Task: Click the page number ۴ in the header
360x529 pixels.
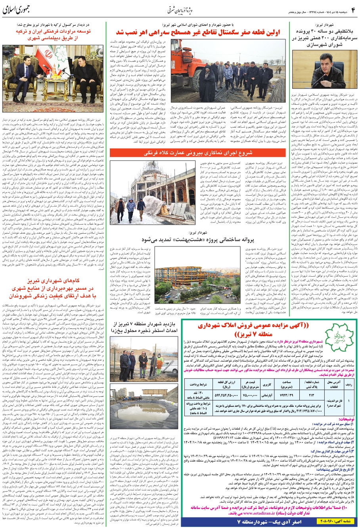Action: (352, 9)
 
